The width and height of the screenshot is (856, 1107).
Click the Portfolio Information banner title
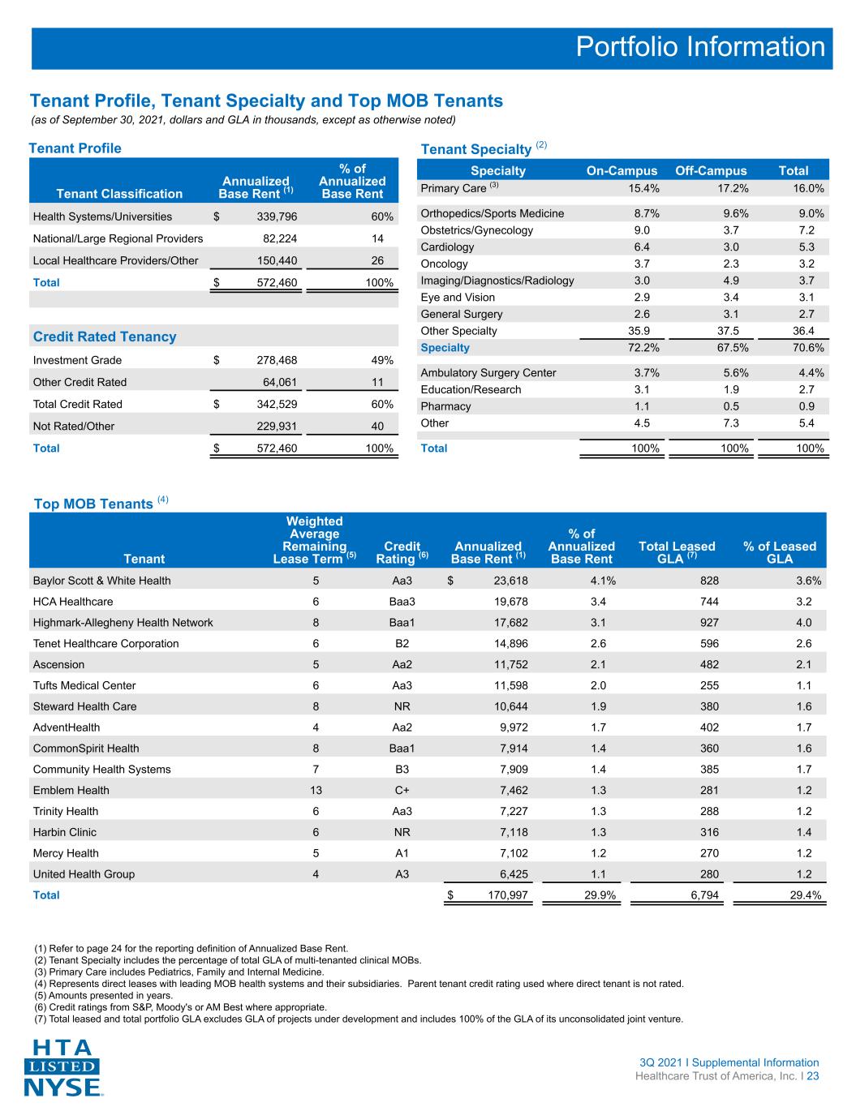click(x=700, y=47)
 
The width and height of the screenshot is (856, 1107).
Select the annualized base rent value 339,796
click(x=277, y=217)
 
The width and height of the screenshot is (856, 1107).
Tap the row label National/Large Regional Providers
click(x=118, y=238)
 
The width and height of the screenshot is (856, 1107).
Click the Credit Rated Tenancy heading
click(x=105, y=337)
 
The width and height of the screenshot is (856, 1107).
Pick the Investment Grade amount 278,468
click(x=277, y=360)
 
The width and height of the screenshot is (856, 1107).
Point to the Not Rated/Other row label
click(x=73, y=427)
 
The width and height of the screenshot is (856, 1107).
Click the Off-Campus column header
click(x=711, y=170)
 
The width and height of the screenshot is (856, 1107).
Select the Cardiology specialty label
click(x=447, y=247)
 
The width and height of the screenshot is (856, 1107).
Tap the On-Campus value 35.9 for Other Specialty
click(x=639, y=331)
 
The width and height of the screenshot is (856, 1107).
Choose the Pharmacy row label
click(x=445, y=406)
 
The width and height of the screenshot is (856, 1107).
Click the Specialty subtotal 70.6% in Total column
click(x=808, y=348)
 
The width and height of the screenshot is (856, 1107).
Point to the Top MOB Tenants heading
click(x=101, y=503)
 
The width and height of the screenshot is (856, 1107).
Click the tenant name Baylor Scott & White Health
click(x=102, y=581)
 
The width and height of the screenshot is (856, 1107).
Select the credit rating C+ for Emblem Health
click(x=402, y=790)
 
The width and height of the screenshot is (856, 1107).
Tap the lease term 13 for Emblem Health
click(x=316, y=790)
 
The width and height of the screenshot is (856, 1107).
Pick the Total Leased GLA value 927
click(x=709, y=623)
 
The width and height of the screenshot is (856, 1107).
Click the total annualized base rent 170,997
click(x=507, y=895)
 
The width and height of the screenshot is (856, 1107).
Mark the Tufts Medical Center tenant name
click(x=84, y=686)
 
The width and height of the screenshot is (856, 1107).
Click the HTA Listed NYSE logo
click(x=62, y=1067)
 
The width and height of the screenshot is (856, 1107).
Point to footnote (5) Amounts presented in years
click(x=103, y=995)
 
